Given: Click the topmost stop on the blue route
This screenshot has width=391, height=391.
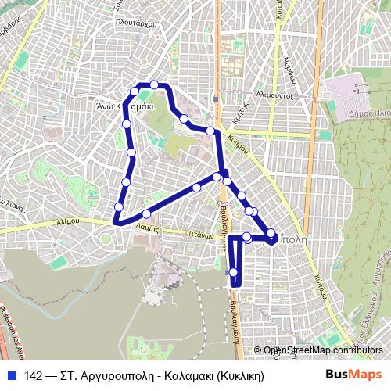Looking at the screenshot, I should pyautogui.click(x=155, y=84).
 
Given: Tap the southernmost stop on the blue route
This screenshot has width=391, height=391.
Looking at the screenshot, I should pyautogui.click(x=233, y=272).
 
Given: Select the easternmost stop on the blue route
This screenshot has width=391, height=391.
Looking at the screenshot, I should pyautogui.click(x=271, y=233).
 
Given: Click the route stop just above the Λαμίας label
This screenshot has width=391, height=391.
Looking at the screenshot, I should pyautogui.click(x=146, y=214).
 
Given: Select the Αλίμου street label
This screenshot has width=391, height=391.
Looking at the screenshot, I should pyautogui.click(x=69, y=222).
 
